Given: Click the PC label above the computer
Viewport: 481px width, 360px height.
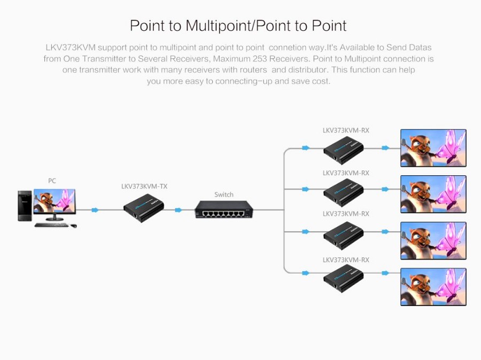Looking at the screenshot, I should pos(52,181).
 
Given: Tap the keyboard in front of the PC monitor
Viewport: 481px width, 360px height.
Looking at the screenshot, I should pos(52,225).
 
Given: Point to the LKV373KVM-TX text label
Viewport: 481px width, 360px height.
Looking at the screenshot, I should pos(144,186).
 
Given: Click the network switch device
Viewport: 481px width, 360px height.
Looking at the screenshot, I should pos(223,209).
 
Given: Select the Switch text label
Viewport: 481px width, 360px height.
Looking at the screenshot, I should pos(223,194).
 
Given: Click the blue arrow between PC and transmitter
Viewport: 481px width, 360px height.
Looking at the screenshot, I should pos(95,210).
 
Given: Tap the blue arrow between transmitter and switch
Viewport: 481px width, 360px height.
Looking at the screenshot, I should pos(178,210).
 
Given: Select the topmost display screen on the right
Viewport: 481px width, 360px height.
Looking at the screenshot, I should pos(433,148).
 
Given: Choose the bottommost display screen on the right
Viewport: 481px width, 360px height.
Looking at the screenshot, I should pos(433,287).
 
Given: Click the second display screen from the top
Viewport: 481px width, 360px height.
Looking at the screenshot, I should pos(433,194).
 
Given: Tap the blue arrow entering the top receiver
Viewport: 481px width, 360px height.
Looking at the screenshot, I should pos(305,148).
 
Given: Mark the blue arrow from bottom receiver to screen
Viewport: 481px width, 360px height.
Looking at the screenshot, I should pos(385,273).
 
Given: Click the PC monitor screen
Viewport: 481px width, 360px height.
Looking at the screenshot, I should pos(55,201).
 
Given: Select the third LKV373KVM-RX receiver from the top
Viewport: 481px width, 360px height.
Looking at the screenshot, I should pos(343,234).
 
